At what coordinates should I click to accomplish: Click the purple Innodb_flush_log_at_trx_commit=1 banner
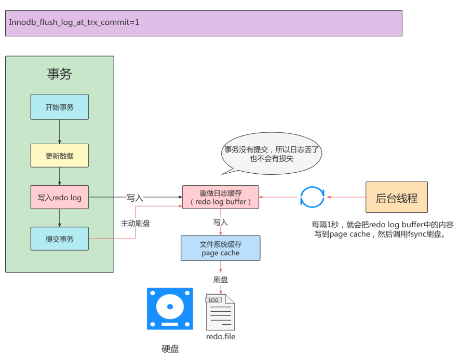[x=204, y=23]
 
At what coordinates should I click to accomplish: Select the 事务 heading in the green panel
[x=59, y=74]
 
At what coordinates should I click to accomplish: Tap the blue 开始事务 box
[x=59, y=107]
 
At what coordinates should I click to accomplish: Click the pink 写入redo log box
[x=59, y=198]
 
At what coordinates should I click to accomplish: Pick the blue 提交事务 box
[x=59, y=239]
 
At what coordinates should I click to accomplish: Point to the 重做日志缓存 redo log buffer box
[x=221, y=197]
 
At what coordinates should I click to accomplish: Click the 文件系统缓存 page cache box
[x=221, y=248]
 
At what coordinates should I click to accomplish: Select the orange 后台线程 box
[x=396, y=197]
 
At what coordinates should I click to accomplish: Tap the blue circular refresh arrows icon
[x=312, y=197]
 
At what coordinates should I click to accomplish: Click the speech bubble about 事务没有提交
[x=272, y=154]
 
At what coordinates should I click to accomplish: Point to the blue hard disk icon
[x=170, y=309]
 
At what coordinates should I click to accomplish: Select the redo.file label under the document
[x=221, y=336]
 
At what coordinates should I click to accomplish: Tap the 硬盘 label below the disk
[x=170, y=349]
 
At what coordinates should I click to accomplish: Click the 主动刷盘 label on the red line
[x=136, y=224]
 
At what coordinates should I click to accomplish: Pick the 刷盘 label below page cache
[x=221, y=280]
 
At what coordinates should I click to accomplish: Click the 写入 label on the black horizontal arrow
[x=135, y=198]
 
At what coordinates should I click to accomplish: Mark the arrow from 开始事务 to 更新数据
[x=59, y=132]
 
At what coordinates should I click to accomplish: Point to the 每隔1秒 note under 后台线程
[x=382, y=229]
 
